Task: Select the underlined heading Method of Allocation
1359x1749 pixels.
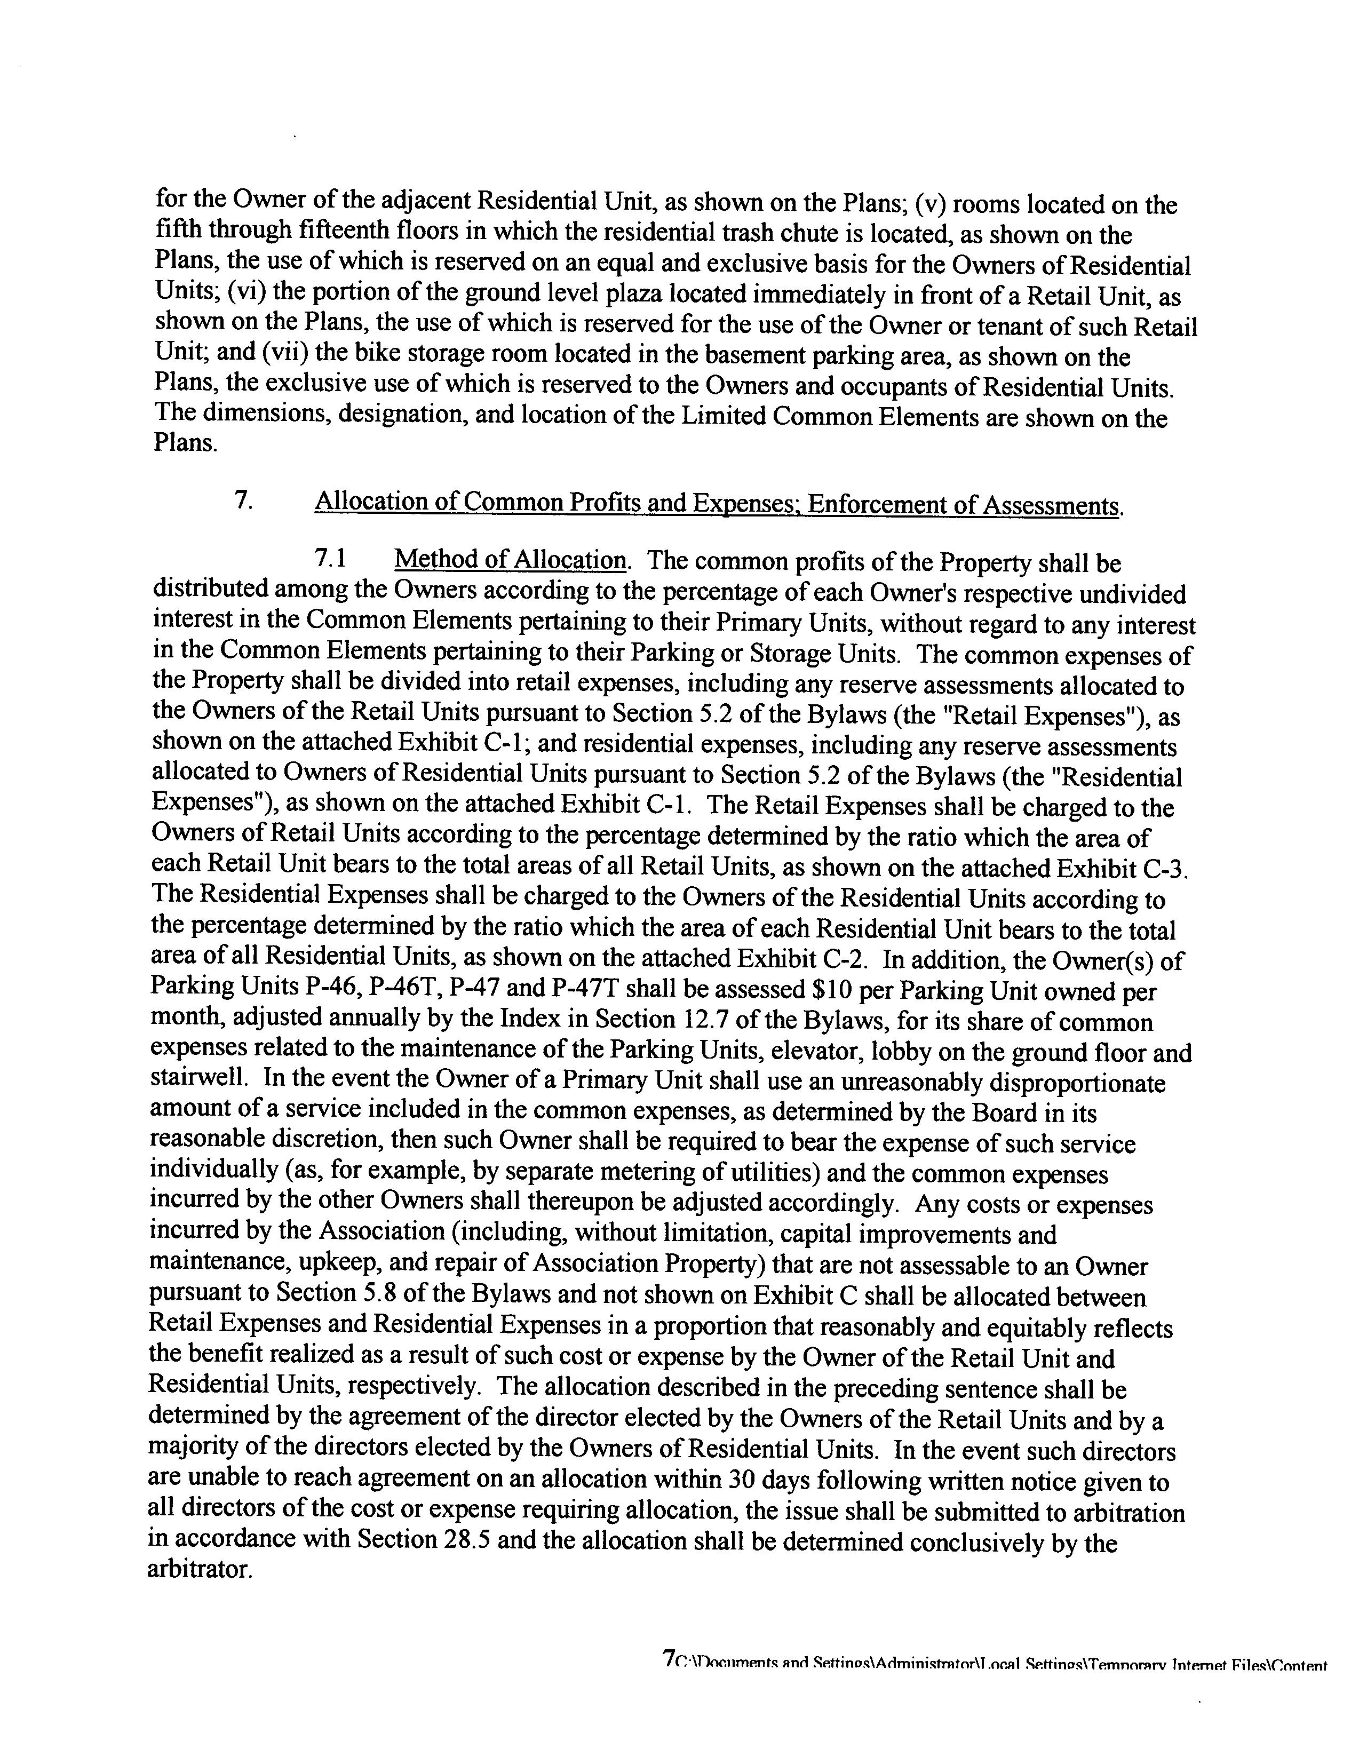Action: click(x=510, y=559)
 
